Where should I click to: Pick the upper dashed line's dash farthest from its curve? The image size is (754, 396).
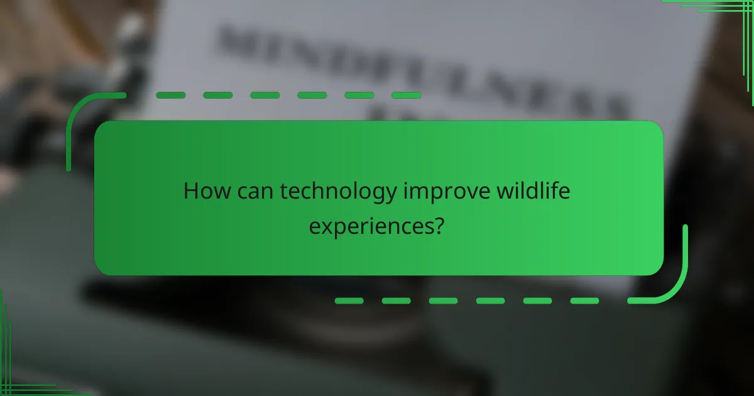tap(406, 95)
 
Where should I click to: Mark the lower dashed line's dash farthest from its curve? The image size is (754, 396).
tap(349, 301)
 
